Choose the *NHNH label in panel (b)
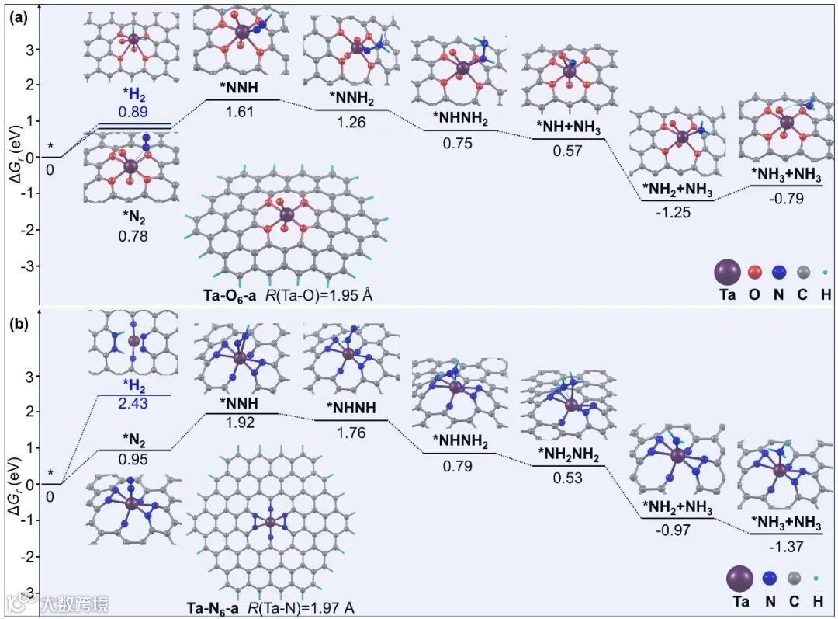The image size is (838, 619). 351,409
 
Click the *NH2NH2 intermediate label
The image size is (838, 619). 568,455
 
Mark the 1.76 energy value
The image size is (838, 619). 351,433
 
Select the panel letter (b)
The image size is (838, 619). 18,322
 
